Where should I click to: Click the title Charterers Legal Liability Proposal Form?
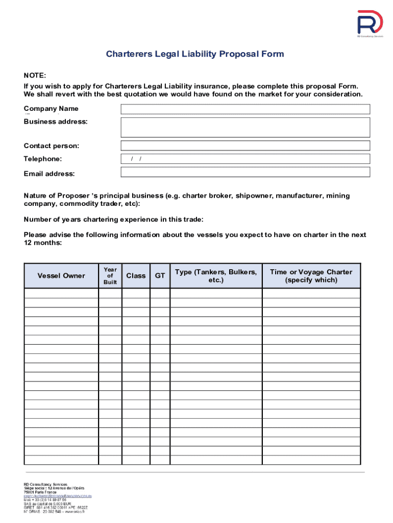pyautogui.click(x=194, y=54)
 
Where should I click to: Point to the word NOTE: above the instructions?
pyautogui.click(x=35, y=76)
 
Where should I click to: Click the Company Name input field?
pyautogui.click(x=245, y=109)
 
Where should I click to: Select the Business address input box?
pyautogui.click(x=245, y=127)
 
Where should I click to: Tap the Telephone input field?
pyautogui.click(x=245, y=159)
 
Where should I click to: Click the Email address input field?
pyautogui.click(x=245, y=172)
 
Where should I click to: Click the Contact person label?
pyautogui.click(x=52, y=146)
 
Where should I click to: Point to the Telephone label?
pyautogui.click(x=43, y=159)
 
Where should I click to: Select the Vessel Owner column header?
pyautogui.click(x=61, y=276)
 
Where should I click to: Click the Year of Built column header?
pyautogui.click(x=110, y=276)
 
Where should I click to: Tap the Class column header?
pyautogui.click(x=136, y=276)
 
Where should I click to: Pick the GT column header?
pyautogui.click(x=160, y=276)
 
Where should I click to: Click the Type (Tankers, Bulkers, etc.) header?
pyautogui.click(x=216, y=276)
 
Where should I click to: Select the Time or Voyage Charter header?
pyautogui.click(x=311, y=276)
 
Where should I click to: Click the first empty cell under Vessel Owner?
pyautogui.click(x=61, y=293)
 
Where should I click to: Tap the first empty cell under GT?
pyautogui.click(x=160, y=293)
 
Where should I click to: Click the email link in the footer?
pyautogui.click(x=58, y=495)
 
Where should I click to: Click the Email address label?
pyautogui.click(x=49, y=174)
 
